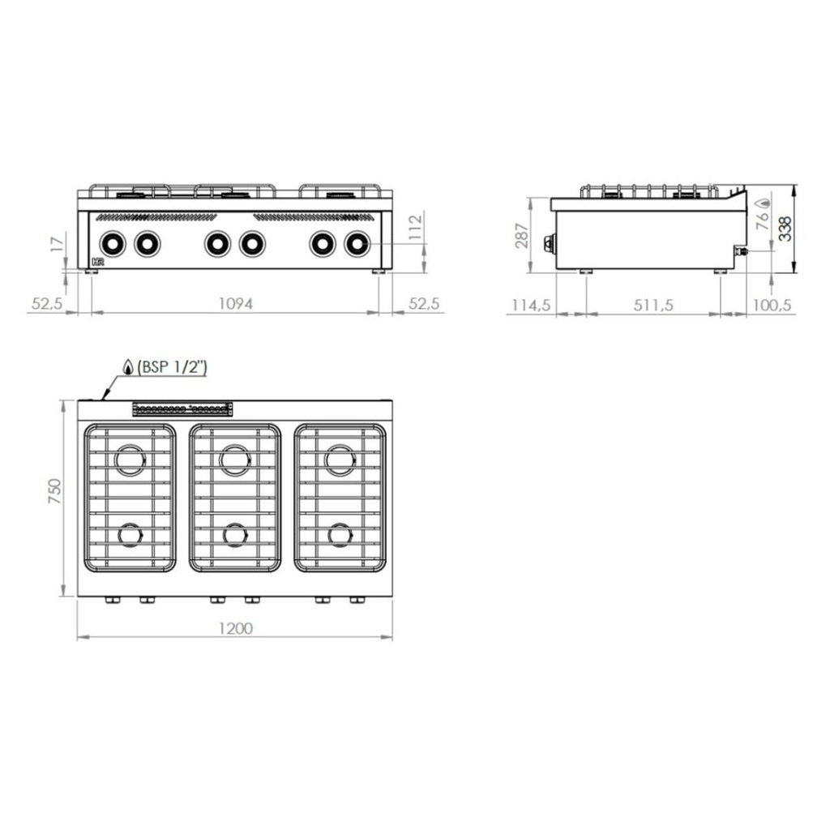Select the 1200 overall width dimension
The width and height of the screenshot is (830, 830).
[235, 628]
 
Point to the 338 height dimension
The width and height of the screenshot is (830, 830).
[785, 230]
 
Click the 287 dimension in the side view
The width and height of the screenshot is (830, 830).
[523, 236]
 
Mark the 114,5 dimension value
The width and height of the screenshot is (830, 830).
[531, 305]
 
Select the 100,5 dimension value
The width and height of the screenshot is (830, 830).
[773, 305]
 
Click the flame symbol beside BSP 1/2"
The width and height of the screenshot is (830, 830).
[128, 367]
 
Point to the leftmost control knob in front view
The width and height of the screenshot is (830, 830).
[111, 242]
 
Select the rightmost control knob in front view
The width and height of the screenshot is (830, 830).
[357, 242]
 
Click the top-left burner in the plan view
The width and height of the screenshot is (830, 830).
[130, 460]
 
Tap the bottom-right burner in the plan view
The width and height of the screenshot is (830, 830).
[340, 535]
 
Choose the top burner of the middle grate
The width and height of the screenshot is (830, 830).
[235, 460]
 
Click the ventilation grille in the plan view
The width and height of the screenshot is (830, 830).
[182, 409]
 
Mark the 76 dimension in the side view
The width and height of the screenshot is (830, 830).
[763, 224]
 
